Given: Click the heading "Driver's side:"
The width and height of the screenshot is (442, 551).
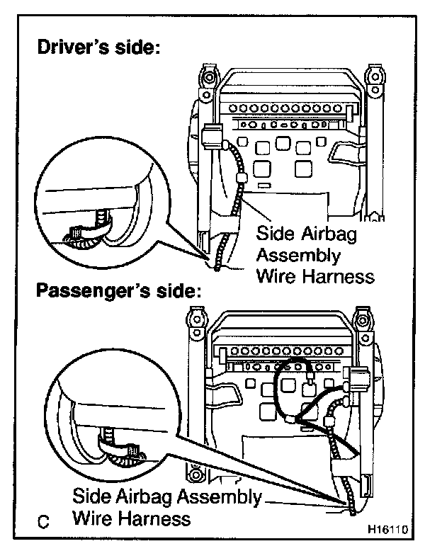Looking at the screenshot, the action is tap(99, 49).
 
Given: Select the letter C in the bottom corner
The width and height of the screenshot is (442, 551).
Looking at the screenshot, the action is tap(44, 523).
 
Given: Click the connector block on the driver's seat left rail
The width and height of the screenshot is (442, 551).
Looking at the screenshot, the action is tap(210, 136).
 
